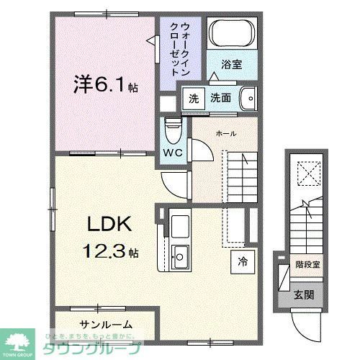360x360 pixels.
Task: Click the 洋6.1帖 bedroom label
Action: pos(105,85)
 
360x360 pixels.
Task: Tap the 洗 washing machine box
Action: pos(193,97)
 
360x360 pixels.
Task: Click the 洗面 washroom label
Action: pos(221,98)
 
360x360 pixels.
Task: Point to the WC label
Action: pos(171,153)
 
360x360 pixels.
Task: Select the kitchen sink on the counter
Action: pos(180,254)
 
